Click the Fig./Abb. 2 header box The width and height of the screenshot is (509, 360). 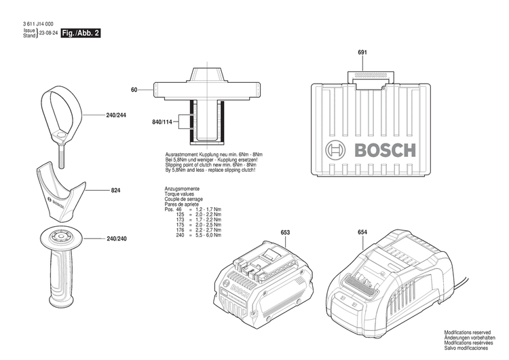click(x=80, y=33)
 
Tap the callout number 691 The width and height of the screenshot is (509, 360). click(x=362, y=53)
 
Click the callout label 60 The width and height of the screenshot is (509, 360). click(x=134, y=90)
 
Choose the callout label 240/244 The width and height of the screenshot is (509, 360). click(x=116, y=115)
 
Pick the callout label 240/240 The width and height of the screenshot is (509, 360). click(x=116, y=238)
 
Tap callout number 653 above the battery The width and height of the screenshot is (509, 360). click(x=285, y=233)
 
